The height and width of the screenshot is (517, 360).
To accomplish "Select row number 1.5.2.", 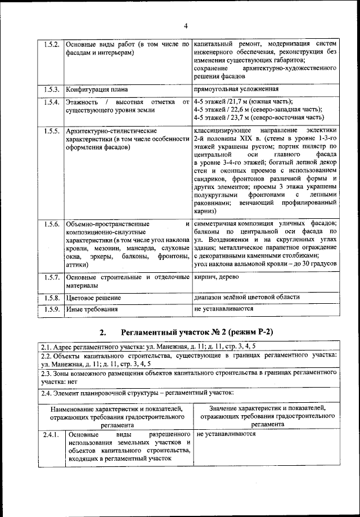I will click(x=52, y=44).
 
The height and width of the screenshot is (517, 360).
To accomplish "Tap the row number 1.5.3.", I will click(x=52, y=89).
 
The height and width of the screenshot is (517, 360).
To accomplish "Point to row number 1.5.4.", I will click(x=52, y=102).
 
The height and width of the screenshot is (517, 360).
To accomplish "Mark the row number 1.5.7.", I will click(x=52, y=277).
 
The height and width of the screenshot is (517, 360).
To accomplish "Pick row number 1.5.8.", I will click(x=52, y=298).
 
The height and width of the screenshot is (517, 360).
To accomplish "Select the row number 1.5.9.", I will click(x=52, y=309).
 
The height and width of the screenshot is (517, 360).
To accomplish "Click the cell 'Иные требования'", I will click(x=92, y=309).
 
